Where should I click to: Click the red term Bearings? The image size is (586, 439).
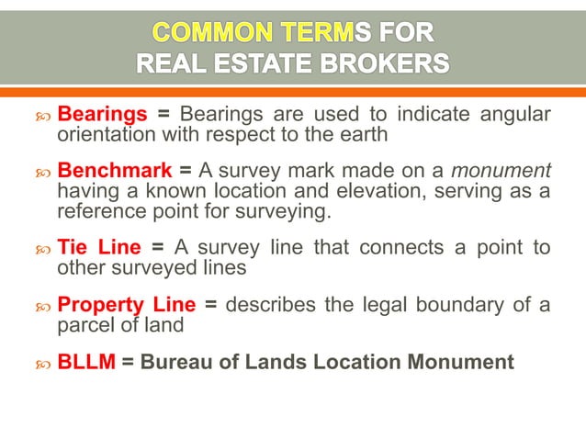(102, 115)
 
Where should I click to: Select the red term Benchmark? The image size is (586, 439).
(114, 171)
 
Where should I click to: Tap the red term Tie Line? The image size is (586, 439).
(99, 247)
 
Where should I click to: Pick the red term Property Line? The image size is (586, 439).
(127, 304)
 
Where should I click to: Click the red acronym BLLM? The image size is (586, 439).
(86, 361)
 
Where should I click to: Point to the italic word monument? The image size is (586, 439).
(507, 171)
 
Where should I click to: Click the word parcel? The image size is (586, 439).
(84, 323)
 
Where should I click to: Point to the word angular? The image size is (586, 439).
(516, 115)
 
